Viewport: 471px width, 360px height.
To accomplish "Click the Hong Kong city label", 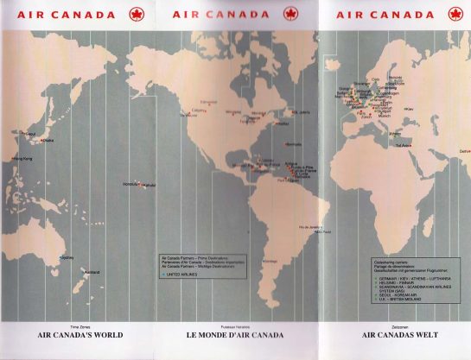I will tap(22, 158).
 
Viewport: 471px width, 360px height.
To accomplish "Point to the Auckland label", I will tap(92, 273).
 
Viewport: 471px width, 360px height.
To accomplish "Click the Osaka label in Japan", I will tap(48, 141).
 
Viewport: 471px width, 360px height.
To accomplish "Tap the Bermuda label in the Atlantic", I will tap(293, 144).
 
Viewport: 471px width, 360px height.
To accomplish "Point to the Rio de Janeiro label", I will tap(310, 227).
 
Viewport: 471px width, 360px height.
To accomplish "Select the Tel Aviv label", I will tap(403, 145).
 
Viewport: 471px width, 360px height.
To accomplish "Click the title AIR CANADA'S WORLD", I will tap(80, 334).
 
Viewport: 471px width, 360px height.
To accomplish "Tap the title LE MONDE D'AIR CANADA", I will tap(236, 334).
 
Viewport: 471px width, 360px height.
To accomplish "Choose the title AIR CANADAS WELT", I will tap(393, 334).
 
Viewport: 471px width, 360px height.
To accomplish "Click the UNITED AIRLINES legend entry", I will tap(183, 275).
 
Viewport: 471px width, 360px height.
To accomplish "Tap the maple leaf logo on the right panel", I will tap(455, 14).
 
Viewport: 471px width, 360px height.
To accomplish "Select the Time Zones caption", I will tap(80, 326).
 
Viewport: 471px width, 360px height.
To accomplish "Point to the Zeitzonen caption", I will tap(393, 326).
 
